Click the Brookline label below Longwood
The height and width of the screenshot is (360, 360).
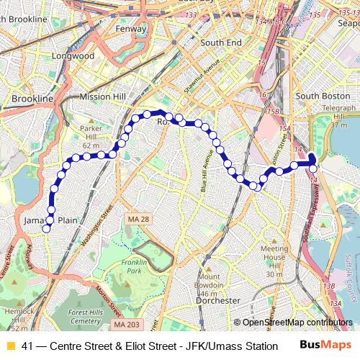(33, 98)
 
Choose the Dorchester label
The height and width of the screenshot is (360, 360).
(217, 300)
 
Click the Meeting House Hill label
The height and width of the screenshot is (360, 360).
(274, 257)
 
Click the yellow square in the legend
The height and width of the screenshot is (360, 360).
(9, 346)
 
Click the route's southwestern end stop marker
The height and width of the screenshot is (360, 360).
(46, 229)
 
